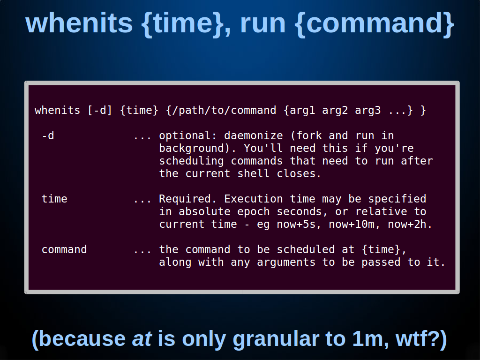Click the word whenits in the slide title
point(79,23)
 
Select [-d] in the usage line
point(100,110)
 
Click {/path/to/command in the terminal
point(221,110)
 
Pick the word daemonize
point(254,135)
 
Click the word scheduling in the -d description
point(191,161)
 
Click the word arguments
point(286,262)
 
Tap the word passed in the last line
point(381,262)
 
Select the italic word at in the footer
point(142,339)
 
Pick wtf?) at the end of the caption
point(421,339)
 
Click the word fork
point(309,135)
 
